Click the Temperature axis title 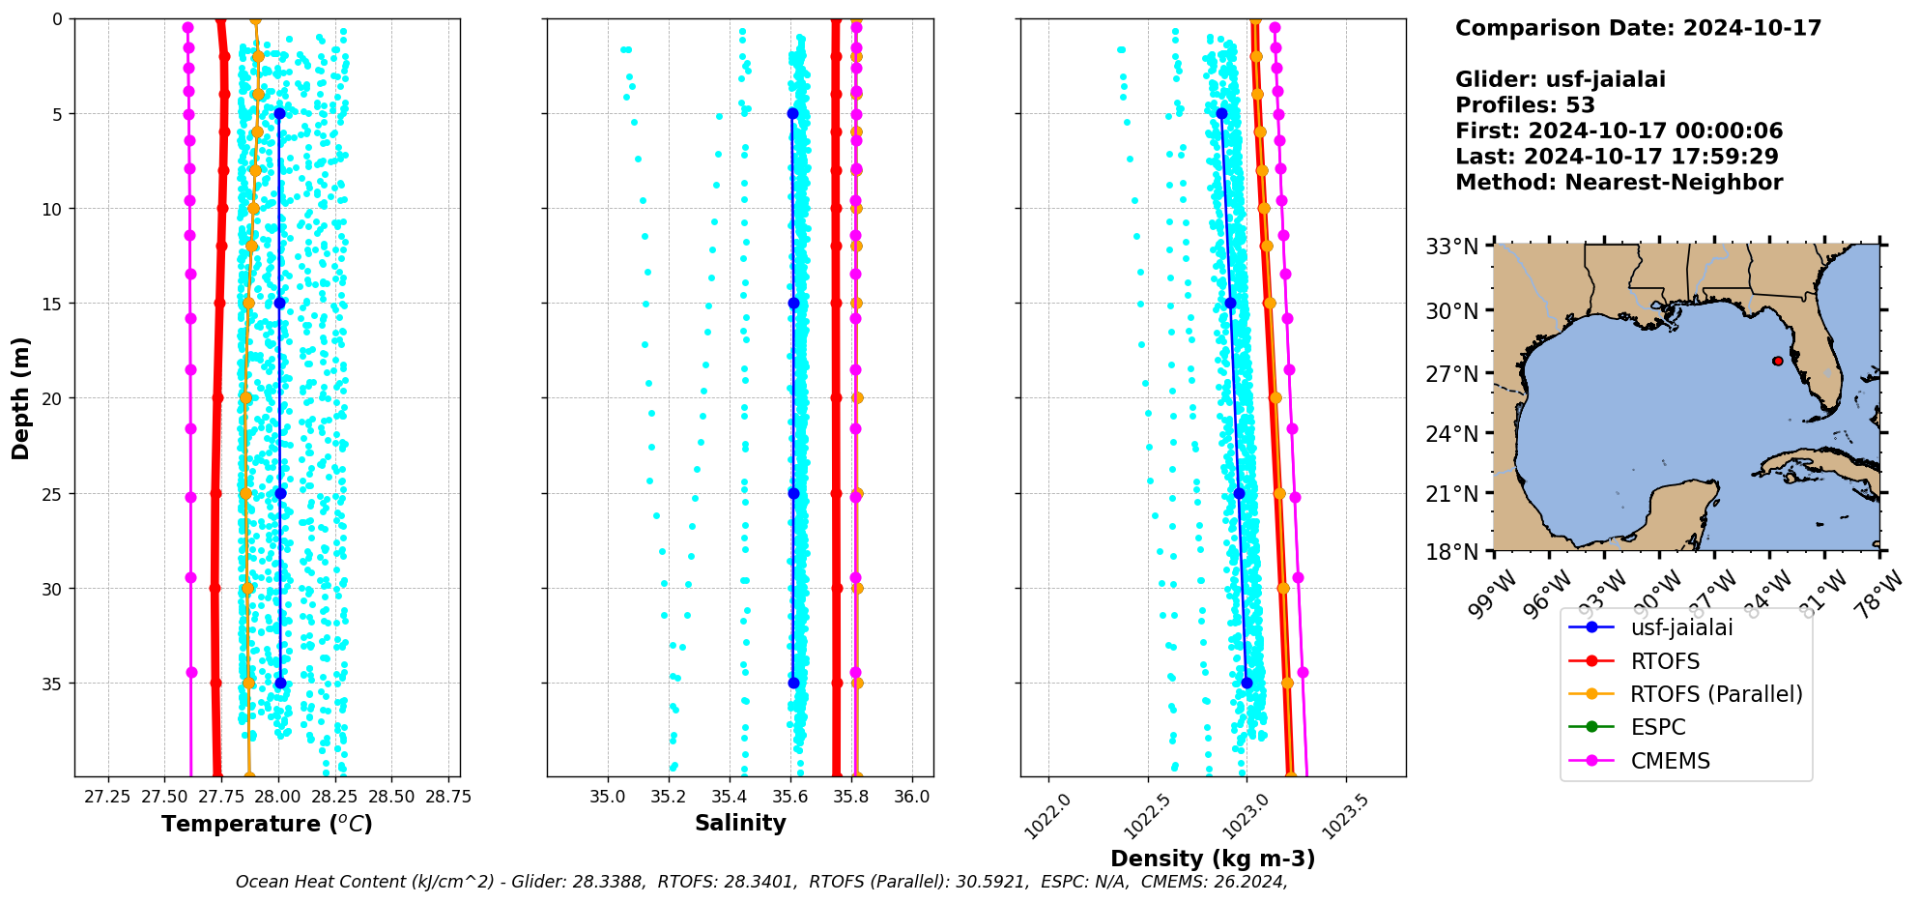tap(267, 824)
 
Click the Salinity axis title tap(740, 823)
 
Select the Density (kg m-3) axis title tap(1213, 859)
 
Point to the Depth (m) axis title tap(21, 397)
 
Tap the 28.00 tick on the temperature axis tap(278, 797)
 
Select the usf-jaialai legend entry tap(1681, 627)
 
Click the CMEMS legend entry tap(1670, 761)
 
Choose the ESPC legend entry tap(1657, 727)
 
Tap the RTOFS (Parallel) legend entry tap(1715, 694)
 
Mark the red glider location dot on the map tap(1778, 361)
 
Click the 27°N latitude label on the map tap(1452, 373)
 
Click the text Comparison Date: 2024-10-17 tap(1638, 28)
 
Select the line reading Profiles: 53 tap(1525, 105)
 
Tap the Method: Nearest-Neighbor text tap(1619, 182)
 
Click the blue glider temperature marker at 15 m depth tap(279, 303)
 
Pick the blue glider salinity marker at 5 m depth tap(792, 113)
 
